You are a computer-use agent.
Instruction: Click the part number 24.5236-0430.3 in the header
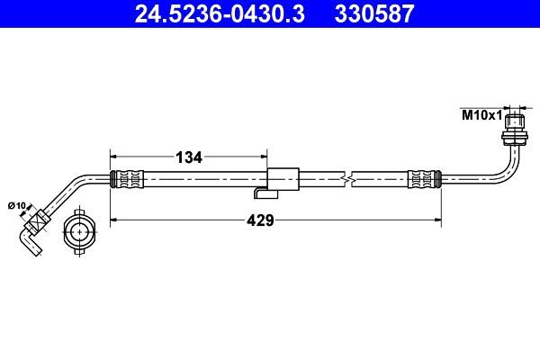(207, 13)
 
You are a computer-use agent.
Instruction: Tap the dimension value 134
(187, 157)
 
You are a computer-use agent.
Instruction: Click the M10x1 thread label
(479, 116)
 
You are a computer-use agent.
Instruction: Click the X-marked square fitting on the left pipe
(40, 219)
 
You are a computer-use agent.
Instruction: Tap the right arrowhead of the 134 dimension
(265, 157)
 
